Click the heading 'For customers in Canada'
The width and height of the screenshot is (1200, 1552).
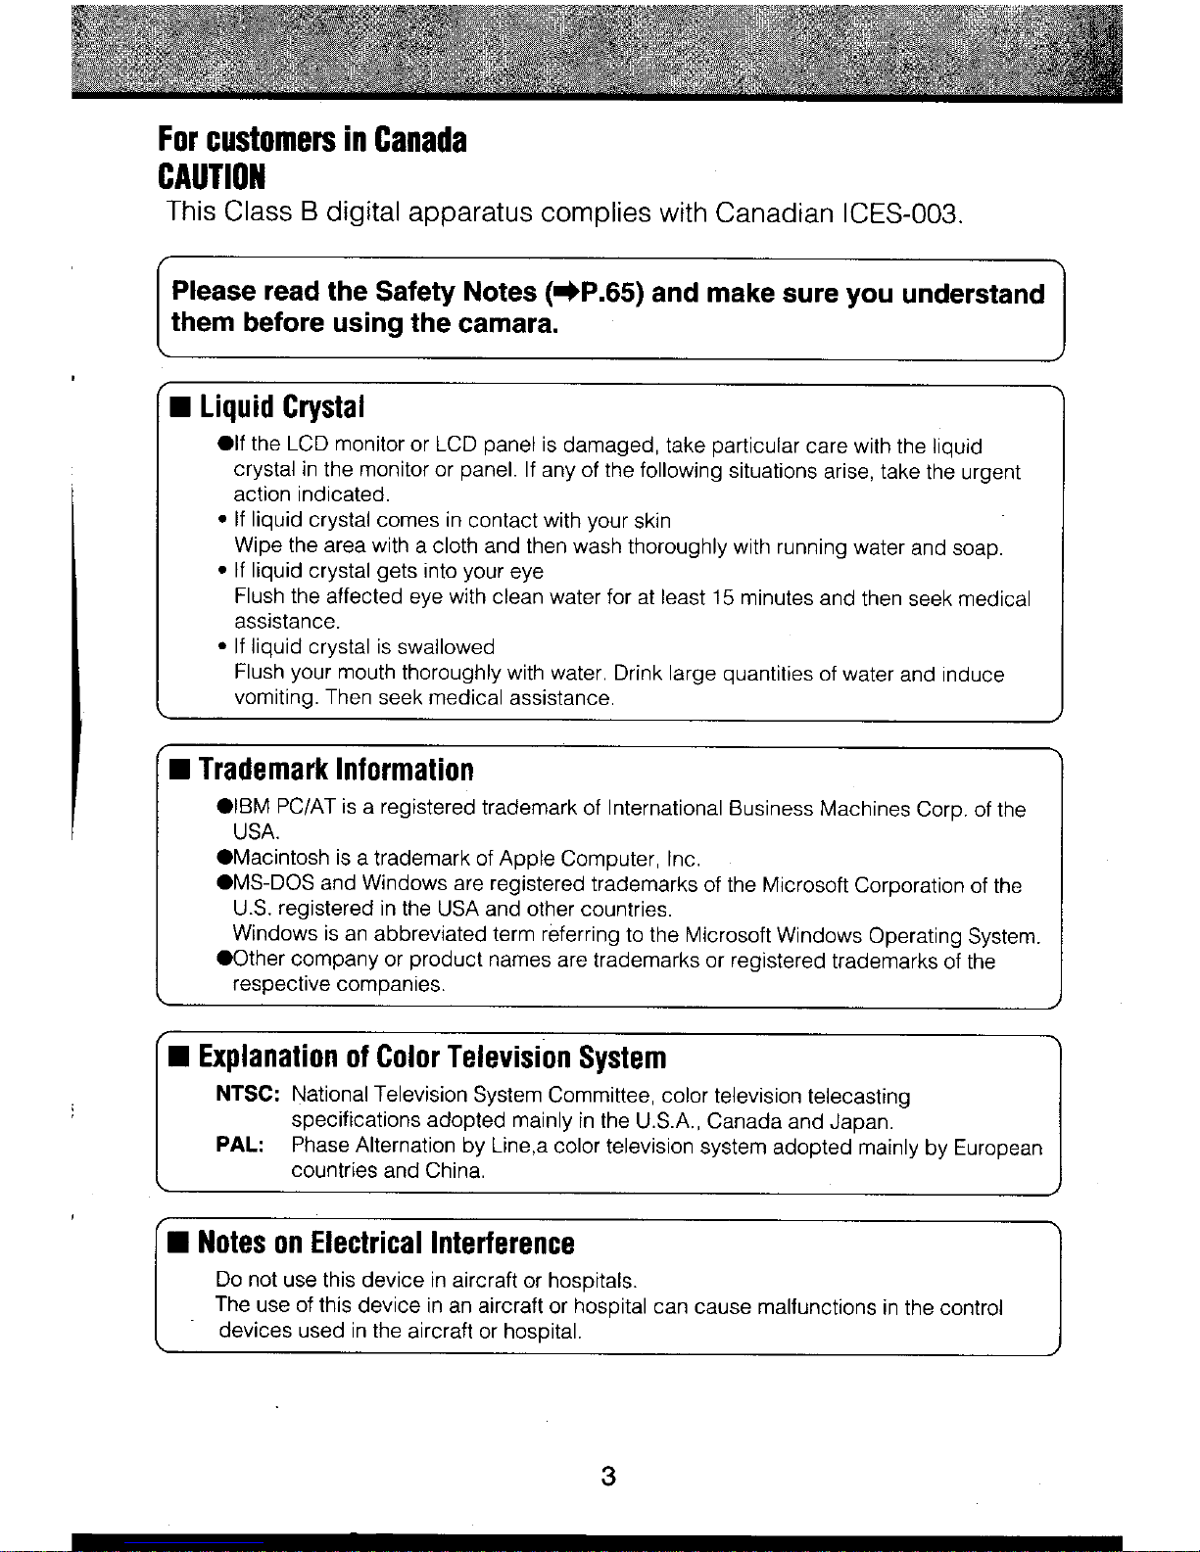point(312,141)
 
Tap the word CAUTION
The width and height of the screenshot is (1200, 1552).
point(212,178)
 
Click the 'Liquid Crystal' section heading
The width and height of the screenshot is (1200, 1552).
point(282,406)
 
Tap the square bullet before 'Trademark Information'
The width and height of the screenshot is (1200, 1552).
point(180,771)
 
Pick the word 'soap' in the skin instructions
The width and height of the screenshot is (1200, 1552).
point(977,547)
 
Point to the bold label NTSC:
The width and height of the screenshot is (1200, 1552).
point(249,1094)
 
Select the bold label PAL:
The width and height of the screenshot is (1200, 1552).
point(239,1145)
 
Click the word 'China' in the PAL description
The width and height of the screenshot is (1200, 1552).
point(455,1171)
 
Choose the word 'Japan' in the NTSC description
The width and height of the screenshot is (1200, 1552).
point(859,1120)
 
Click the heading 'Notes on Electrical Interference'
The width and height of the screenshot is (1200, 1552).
point(386,1243)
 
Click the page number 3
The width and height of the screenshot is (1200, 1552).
point(608,1476)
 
